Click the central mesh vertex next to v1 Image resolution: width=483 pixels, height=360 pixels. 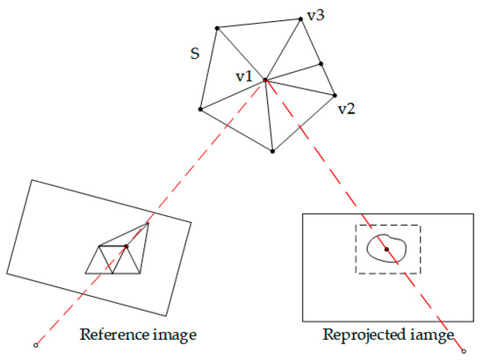click(x=266, y=80)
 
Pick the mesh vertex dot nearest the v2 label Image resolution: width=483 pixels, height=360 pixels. click(x=335, y=95)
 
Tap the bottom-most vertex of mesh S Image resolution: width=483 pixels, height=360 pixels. click(x=274, y=152)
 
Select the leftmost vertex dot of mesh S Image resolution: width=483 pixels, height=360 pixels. click(x=200, y=110)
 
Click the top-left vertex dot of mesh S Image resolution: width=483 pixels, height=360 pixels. click(x=217, y=28)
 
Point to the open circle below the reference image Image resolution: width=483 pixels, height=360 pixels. click(x=34, y=344)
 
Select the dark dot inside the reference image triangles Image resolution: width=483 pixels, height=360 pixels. click(x=126, y=247)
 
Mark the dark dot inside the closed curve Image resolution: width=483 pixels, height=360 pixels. click(x=386, y=249)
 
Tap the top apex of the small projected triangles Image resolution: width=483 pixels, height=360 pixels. click(x=148, y=223)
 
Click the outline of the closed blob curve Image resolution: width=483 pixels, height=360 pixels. click(x=369, y=250)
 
